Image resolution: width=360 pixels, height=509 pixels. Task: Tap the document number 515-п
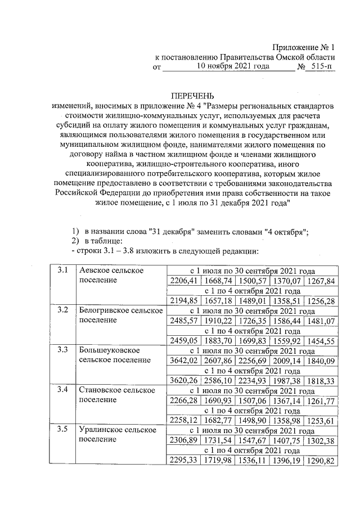click(x=321, y=66)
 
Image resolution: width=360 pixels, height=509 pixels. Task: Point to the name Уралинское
click(x=101, y=430)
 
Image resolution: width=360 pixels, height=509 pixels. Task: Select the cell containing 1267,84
click(x=321, y=281)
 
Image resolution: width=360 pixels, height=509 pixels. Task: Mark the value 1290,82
click(x=321, y=461)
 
